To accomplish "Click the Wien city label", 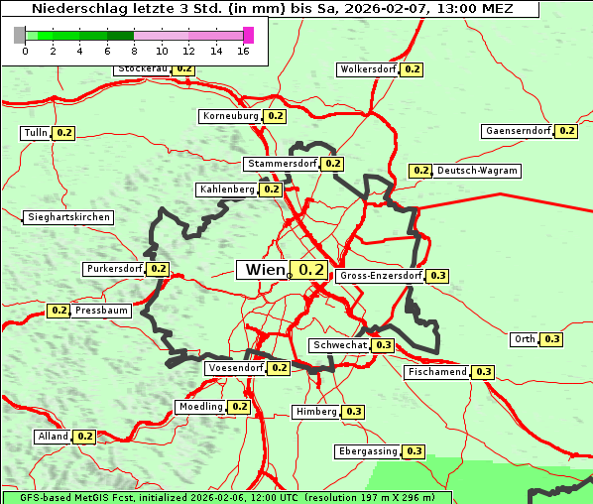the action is tap(263, 270).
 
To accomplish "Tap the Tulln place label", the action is tap(36, 133).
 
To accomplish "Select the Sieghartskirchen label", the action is tap(68, 217).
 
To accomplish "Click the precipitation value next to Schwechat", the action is tap(384, 345).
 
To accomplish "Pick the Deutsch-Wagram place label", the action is tap(477, 171).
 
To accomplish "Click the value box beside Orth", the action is tap(552, 339).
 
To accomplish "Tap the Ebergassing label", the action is tap(368, 451).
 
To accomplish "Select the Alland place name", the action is tap(53, 437).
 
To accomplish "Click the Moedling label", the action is tap(200, 407).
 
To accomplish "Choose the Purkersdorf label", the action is tap(114, 269).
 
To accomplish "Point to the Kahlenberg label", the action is tap(227, 189).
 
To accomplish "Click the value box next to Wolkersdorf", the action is tap(412, 69).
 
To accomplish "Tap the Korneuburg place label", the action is tap(230, 116).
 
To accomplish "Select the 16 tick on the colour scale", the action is tap(243, 51).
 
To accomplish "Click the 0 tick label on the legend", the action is tap(25, 51).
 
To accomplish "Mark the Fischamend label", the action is tap(436, 372).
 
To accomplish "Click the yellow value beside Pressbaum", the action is tap(59, 311).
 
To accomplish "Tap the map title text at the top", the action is tap(271, 8).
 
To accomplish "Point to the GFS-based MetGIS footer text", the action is tap(227, 497).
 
